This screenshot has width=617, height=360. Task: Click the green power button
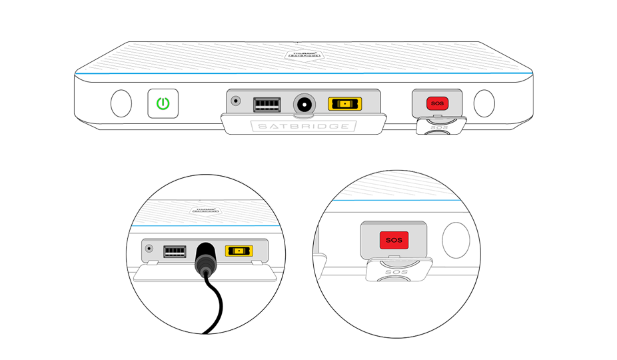(x=163, y=104)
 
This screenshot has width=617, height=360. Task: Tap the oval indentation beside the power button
(x=121, y=103)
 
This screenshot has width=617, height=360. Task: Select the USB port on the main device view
(x=265, y=105)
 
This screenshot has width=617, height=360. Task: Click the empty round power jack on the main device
(x=305, y=105)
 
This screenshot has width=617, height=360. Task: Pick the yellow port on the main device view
(x=344, y=105)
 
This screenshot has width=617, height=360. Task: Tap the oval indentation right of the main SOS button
(x=484, y=103)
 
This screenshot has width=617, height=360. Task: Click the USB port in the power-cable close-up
(x=175, y=251)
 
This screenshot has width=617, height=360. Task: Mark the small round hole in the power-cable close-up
(x=149, y=248)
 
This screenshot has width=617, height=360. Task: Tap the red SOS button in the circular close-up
(x=394, y=240)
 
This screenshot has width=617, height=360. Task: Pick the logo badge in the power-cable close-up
(x=205, y=209)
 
